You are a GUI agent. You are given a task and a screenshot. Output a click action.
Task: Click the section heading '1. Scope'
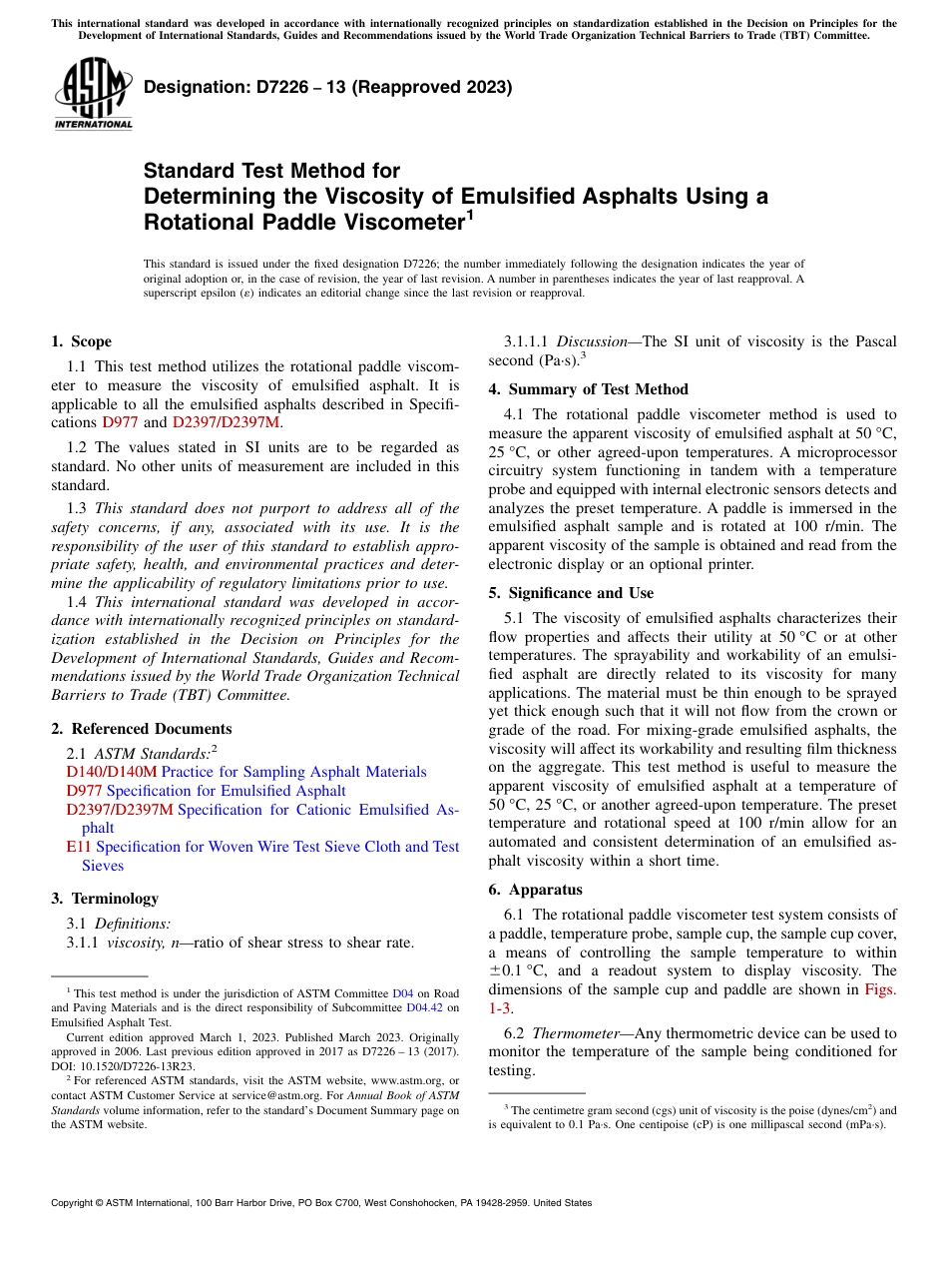coord(81,341)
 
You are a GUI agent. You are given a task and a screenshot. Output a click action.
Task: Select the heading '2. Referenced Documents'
coord(141,729)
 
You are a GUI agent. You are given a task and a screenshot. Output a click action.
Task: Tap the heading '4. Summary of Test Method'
coord(588,389)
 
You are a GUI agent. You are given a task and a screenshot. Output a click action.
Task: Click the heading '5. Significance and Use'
coord(571,593)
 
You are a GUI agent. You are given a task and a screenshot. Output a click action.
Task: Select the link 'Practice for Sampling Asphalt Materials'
coord(293,772)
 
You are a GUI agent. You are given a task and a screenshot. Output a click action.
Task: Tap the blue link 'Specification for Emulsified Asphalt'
coord(226,791)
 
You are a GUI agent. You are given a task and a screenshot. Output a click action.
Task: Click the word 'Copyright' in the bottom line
coord(73,1203)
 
